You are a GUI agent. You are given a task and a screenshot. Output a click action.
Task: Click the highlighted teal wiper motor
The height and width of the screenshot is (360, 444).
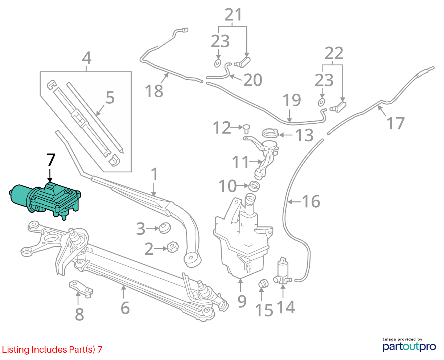[45, 200]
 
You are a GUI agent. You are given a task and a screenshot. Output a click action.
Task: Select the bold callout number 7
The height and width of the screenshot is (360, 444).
[51, 160]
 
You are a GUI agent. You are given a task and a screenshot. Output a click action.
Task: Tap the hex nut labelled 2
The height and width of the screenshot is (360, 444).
[173, 247]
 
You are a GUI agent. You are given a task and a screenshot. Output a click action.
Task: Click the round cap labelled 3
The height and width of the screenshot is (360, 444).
[165, 228]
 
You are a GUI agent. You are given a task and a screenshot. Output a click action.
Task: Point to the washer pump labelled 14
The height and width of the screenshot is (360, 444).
[283, 271]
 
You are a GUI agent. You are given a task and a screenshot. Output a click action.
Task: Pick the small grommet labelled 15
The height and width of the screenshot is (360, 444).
[263, 283]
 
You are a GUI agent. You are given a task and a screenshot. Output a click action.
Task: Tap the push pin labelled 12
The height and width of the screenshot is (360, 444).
[247, 129]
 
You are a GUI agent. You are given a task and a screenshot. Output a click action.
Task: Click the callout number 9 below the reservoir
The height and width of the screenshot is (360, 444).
[242, 301]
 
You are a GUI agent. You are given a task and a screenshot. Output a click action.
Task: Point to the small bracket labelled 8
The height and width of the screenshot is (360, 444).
[81, 289]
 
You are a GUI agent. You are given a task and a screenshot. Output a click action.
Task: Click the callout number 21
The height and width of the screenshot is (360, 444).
[233, 15]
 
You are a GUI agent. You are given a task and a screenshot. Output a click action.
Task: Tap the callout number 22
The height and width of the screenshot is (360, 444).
[334, 53]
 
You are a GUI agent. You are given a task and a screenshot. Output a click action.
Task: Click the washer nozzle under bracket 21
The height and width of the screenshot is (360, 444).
[242, 62]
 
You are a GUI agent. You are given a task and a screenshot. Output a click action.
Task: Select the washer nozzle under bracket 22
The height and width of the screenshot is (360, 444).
[338, 107]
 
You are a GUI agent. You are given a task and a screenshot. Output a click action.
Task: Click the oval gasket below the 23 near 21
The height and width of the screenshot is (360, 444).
[218, 64]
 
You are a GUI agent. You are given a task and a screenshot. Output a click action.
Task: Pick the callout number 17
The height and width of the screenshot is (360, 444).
[395, 123]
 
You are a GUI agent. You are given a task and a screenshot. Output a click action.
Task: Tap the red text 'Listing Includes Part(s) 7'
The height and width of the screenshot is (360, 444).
[52, 349]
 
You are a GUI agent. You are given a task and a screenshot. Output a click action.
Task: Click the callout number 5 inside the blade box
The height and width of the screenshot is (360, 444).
[110, 97]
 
